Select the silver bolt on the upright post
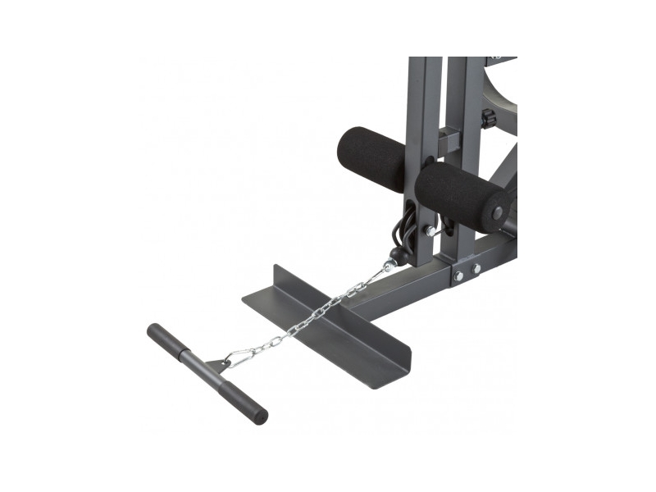[429, 233]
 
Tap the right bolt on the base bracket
[476, 268]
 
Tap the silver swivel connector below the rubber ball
[388, 266]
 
